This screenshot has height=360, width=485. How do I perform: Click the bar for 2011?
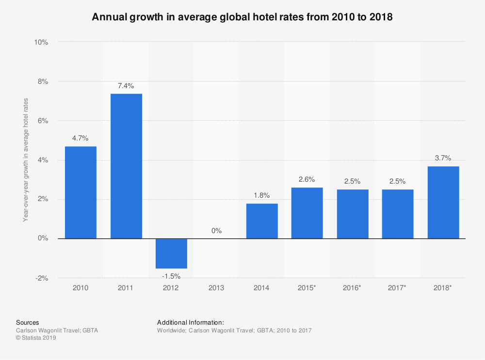[x=126, y=166]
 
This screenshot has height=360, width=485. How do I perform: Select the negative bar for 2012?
[x=171, y=253]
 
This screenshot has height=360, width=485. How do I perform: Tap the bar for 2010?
[x=81, y=192]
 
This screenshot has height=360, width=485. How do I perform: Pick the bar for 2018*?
[x=443, y=202]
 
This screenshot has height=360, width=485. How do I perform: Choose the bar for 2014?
[x=262, y=221]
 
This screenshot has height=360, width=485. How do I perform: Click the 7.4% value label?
[x=126, y=86]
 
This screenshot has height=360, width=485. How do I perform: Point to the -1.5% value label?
[x=171, y=276]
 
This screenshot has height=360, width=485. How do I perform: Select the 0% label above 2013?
[x=216, y=231]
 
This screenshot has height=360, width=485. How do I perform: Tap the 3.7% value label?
[x=443, y=158]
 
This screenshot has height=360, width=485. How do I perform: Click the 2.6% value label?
[x=307, y=179]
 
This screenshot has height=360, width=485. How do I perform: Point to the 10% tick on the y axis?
[x=41, y=42]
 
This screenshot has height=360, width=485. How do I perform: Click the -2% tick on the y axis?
[x=42, y=278]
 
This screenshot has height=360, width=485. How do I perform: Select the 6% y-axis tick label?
[x=42, y=121]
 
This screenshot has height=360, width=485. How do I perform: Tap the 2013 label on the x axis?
[x=216, y=288]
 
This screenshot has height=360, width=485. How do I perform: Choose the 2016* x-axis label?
[x=352, y=288]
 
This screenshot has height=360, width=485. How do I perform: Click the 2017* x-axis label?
[x=397, y=288]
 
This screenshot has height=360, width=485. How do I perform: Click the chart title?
[x=242, y=17]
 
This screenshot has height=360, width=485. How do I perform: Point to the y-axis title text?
[x=26, y=160]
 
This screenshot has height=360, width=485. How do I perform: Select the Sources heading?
[x=28, y=322]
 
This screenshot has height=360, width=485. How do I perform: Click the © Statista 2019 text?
[x=36, y=338]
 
